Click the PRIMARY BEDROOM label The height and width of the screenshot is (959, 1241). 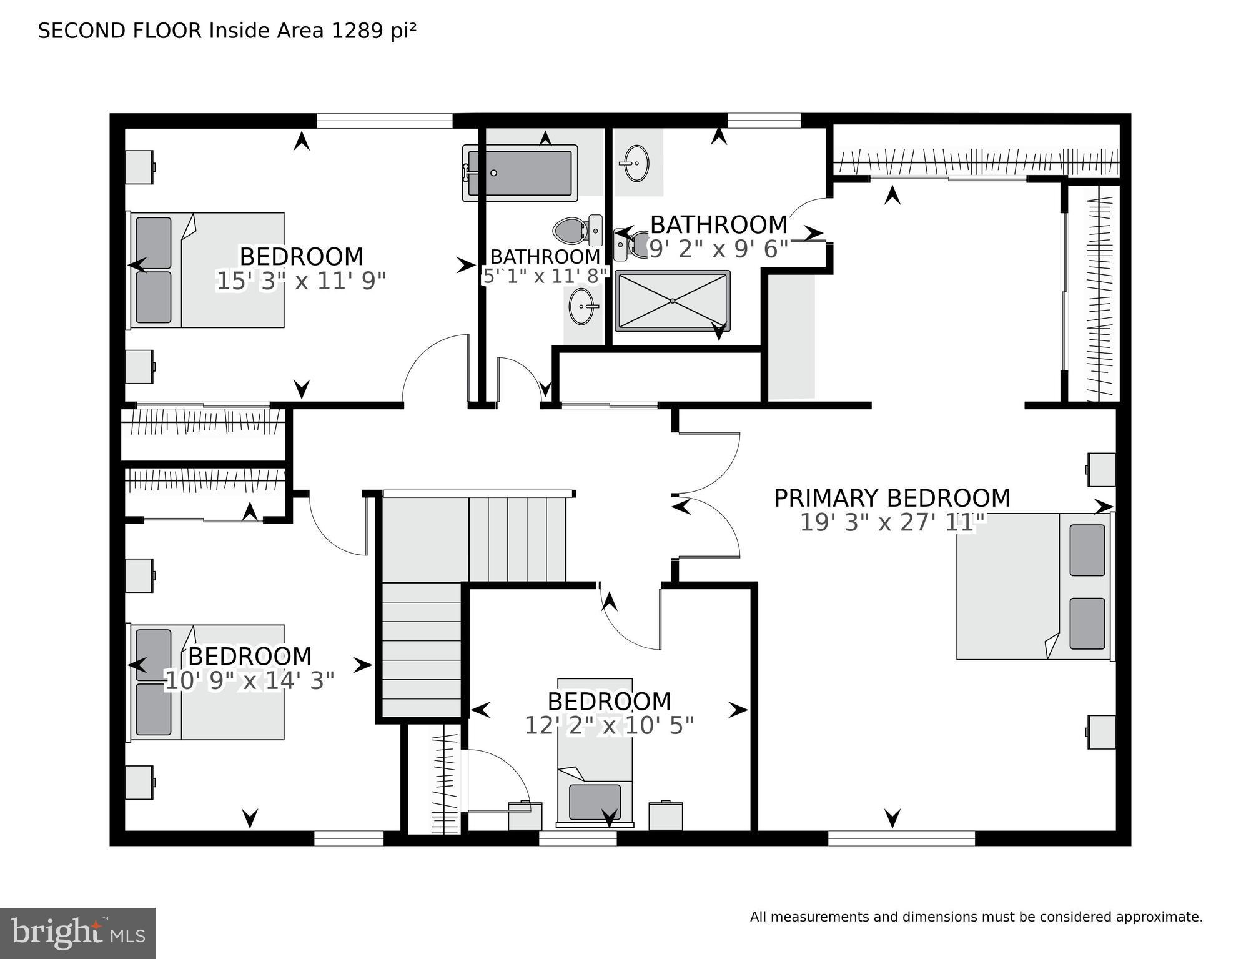[892, 498]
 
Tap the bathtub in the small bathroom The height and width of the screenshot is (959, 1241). [520, 173]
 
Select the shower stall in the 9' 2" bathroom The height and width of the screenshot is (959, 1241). [672, 301]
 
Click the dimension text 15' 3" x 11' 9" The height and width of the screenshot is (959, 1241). [301, 281]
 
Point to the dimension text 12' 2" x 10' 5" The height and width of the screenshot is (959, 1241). [609, 726]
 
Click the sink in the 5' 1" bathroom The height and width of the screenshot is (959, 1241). [583, 307]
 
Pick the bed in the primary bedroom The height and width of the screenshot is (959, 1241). [1034, 587]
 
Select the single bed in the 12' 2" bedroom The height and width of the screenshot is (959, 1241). [595, 752]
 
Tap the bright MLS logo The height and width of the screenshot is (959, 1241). [77, 933]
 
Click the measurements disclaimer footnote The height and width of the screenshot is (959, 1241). [976, 917]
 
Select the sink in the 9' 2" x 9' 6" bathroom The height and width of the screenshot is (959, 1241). [636, 163]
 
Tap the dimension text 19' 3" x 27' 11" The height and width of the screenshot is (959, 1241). [892, 522]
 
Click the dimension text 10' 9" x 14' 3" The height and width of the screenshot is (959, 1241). [249, 681]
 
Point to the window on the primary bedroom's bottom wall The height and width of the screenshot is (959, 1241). [901, 838]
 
